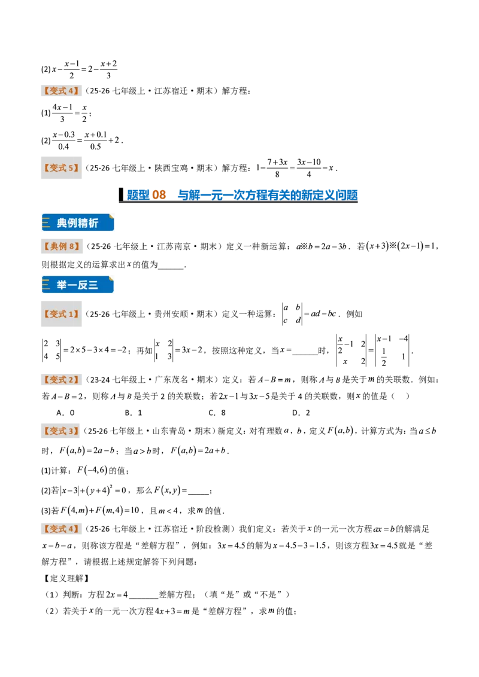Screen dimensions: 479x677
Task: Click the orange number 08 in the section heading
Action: click(x=159, y=195)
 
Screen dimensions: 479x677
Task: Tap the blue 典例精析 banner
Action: click(x=78, y=223)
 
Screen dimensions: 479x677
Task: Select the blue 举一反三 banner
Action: click(x=78, y=285)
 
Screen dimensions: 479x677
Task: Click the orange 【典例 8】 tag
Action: click(x=62, y=246)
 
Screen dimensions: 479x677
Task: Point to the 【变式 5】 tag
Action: click(x=62, y=168)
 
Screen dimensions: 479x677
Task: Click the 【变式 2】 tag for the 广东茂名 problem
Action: click(x=62, y=380)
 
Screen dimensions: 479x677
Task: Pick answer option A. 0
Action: click(x=66, y=413)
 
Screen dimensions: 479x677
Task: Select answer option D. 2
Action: click(x=301, y=413)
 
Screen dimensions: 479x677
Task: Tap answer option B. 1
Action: click(x=134, y=413)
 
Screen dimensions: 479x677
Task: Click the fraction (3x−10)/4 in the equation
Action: click(x=309, y=168)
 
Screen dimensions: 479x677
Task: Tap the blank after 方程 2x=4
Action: click(x=144, y=596)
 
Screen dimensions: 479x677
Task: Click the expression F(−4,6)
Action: click(x=92, y=471)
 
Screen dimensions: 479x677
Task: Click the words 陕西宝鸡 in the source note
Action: click(x=171, y=168)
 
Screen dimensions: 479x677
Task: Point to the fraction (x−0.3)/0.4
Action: click(x=63, y=141)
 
